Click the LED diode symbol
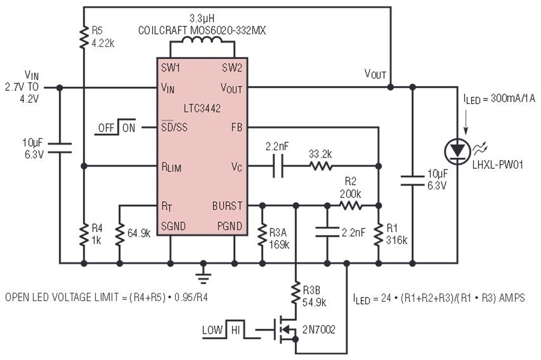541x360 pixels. click(x=457, y=151)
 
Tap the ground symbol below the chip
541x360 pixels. click(x=203, y=275)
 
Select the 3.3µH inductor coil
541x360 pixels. click(x=202, y=41)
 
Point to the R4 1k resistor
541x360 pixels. click(x=84, y=234)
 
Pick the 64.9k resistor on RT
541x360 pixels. click(x=120, y=234)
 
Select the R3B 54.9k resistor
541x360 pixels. click(x=296, y=293)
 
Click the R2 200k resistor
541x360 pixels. click(x=350, y=206)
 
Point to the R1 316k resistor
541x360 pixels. click(x=379, y=234)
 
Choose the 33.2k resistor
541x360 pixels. click(x=321, y=166)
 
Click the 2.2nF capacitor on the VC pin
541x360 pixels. click(x=278, y=166)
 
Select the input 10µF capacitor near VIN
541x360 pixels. click(x=60, y=148)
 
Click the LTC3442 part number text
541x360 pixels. click(x=202, y=108)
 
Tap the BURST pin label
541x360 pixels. click(x=227, y=206)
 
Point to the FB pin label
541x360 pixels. click(x=237, y=127)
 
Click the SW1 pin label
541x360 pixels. click(x=171, y=67)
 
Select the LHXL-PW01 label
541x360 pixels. click(x=498, y=165)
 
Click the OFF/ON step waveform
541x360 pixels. click(x=115, y=127)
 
